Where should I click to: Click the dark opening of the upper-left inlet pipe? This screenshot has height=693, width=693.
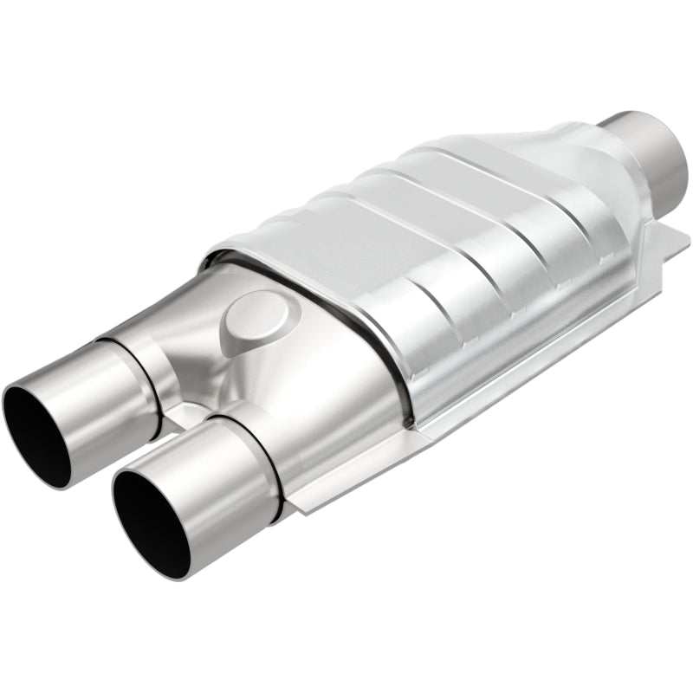(35, 429)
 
